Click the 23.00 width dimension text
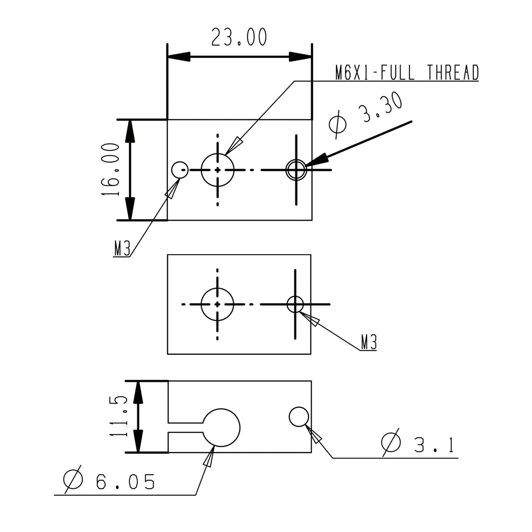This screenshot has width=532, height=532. click(x=239, y=37)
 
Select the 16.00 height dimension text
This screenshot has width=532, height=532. click(x=111, y=169)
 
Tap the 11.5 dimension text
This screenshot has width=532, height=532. click(x=118, y=416)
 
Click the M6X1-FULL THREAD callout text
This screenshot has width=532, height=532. click(x=407, y=73)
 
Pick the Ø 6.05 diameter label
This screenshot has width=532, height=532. click(x=110, y=481)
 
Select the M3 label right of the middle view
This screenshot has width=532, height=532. click(x=369, y=342)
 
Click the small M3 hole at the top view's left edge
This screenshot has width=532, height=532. click(x=180, y=169)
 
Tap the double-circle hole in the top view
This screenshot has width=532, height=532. click(x=296, y=169)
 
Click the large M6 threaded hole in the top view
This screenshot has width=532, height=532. click(x=218, y=169)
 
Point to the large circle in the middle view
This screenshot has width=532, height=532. click(x=218, y=304)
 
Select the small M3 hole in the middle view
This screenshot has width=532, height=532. click(x=295, y=304)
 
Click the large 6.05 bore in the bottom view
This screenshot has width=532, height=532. click(x=221, y=428)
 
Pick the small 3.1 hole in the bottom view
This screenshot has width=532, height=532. click(x=299, y=416)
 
